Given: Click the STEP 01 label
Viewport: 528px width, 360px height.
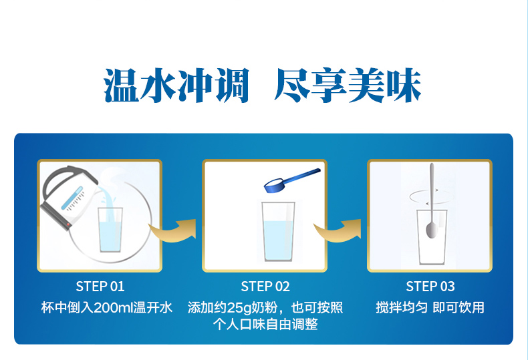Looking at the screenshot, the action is tap(100, 287).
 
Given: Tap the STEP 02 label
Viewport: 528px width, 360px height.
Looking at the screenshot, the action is tap(265, 287).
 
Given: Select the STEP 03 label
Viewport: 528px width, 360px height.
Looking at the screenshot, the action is tap(430, 287).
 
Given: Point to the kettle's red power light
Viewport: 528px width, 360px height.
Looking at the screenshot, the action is tap(68, 224).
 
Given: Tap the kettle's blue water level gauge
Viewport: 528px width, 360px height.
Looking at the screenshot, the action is tap(72, 198).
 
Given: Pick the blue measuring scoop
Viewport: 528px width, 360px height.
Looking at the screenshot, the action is tap(291, 181).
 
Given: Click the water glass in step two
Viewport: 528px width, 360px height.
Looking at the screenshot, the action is tap(278, 232).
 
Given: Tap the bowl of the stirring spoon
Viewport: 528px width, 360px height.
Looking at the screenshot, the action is tap(431, 230).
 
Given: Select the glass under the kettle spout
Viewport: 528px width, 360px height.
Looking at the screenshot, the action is tap(110, 230).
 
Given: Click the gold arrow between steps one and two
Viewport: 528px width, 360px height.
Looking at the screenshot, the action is tap(172, 230).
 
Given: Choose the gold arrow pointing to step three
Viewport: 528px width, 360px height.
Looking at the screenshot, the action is tap(338, 230).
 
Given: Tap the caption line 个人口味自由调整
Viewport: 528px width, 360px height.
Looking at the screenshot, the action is tap(265, 325).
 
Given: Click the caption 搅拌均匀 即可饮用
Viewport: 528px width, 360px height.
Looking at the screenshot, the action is tap(430, 307).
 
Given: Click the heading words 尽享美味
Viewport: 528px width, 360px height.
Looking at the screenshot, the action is tap(348, 85).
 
